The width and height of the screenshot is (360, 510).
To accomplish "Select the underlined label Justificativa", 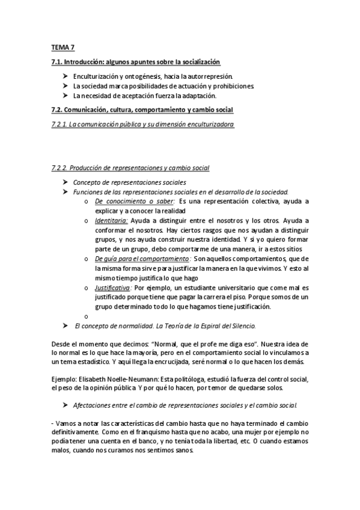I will pos(112,288).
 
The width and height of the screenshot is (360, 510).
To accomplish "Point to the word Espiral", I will pos(204,325).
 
